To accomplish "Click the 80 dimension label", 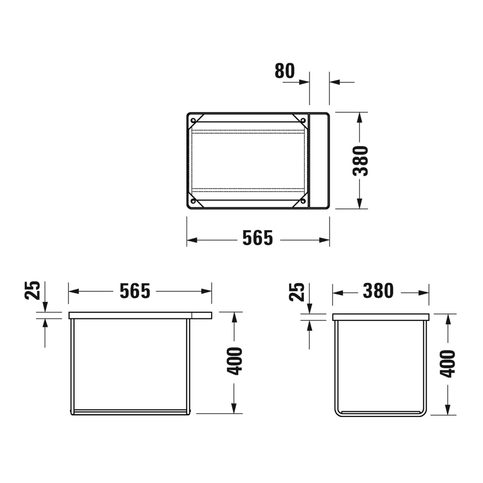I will tap(285, 71).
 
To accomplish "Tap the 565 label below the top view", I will tap(258, 238).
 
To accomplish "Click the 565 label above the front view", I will tap(135, 291).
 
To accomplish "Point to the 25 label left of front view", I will tap(33, 290).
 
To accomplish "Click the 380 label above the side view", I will tap(378, 291).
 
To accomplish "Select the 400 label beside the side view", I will tap(448, 364).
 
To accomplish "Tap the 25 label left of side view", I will tap(297, 292).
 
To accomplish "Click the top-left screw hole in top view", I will tap(193, 121).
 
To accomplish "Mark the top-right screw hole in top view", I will tap(303, 120).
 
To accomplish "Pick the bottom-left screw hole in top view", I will tap(193, 201).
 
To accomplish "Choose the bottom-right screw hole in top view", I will tap(303, 201).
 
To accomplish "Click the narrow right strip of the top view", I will tap(319, 161).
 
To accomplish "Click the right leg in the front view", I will tap(188, 364).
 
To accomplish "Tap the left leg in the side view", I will tap(336, 364).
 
